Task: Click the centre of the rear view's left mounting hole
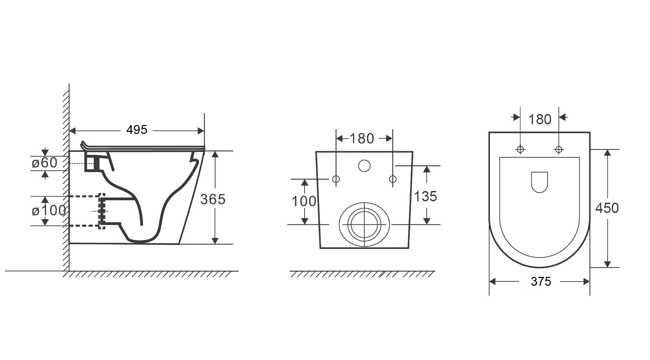pos(336,179)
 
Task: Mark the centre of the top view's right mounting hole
pos(559,149)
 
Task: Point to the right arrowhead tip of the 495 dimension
pos(204,131)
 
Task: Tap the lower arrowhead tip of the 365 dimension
pos(215,244)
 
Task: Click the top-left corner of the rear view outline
pos(316,151)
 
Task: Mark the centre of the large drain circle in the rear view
pos(364,225)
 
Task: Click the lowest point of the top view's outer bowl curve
pos(539,267)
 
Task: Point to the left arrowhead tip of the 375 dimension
pos(489,282)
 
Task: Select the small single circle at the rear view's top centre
pos(364,166)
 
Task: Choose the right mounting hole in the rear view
pos(393,179)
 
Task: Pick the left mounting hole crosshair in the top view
pos(520,149)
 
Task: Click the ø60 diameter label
pos(45,163)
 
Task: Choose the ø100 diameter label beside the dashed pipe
pos(49,210)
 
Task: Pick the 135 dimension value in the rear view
pos(426,196)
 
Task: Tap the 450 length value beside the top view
pos(607,208)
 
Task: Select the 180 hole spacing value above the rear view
pos(362,138)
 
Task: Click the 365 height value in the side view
pos(213,199)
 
